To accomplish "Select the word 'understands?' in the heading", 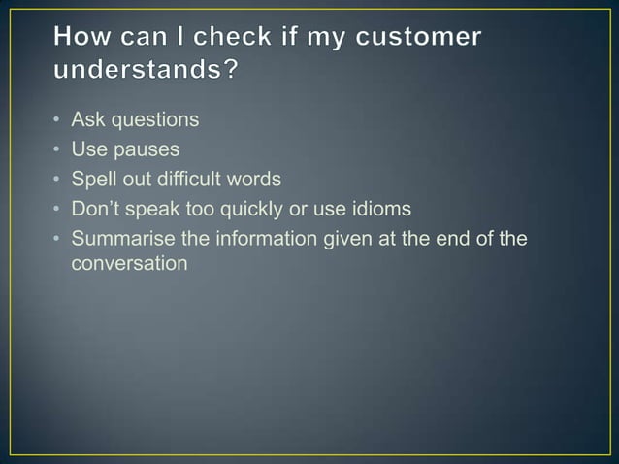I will click(x=145, y=73).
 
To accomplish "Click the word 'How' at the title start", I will click(x=85, y=38).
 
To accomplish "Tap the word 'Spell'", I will click(x=94, y=179).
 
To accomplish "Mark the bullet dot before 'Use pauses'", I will click(x=58, y=150).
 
